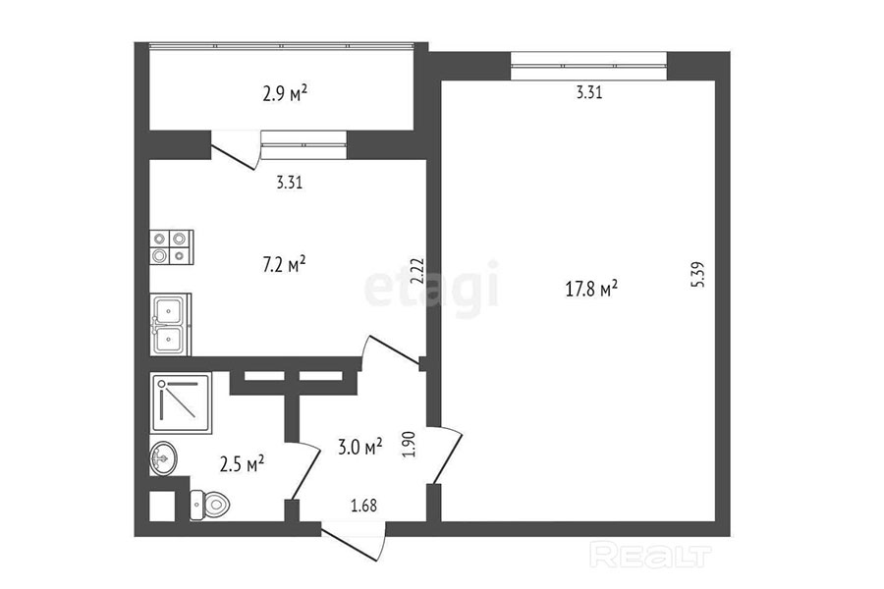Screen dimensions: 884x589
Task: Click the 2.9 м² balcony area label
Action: coord(285,92)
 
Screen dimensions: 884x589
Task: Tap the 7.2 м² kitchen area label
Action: coord(285,264)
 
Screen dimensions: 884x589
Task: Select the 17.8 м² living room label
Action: coord(591,290)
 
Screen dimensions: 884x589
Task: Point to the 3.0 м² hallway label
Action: coord(360,447)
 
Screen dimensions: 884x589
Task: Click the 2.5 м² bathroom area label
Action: coord(243,464)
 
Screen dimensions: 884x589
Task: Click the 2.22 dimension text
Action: coord(417,272)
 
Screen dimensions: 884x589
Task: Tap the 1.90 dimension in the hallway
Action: coord(409,444)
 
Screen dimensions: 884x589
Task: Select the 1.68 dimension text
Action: coord(363,505)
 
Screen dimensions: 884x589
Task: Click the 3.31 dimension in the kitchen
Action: coord(290,183)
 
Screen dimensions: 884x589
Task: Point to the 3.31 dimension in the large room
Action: coord(589,92)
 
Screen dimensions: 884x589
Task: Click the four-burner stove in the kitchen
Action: coord(171,246)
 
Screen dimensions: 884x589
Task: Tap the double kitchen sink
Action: coord(170,325)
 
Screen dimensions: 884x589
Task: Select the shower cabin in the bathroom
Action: coord(181,402)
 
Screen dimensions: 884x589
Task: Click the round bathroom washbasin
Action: coord(163,458)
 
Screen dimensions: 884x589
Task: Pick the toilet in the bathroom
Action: coord(209,504)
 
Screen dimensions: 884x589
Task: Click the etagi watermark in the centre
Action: coord(432,289)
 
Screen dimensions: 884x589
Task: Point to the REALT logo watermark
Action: coord(650,555)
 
